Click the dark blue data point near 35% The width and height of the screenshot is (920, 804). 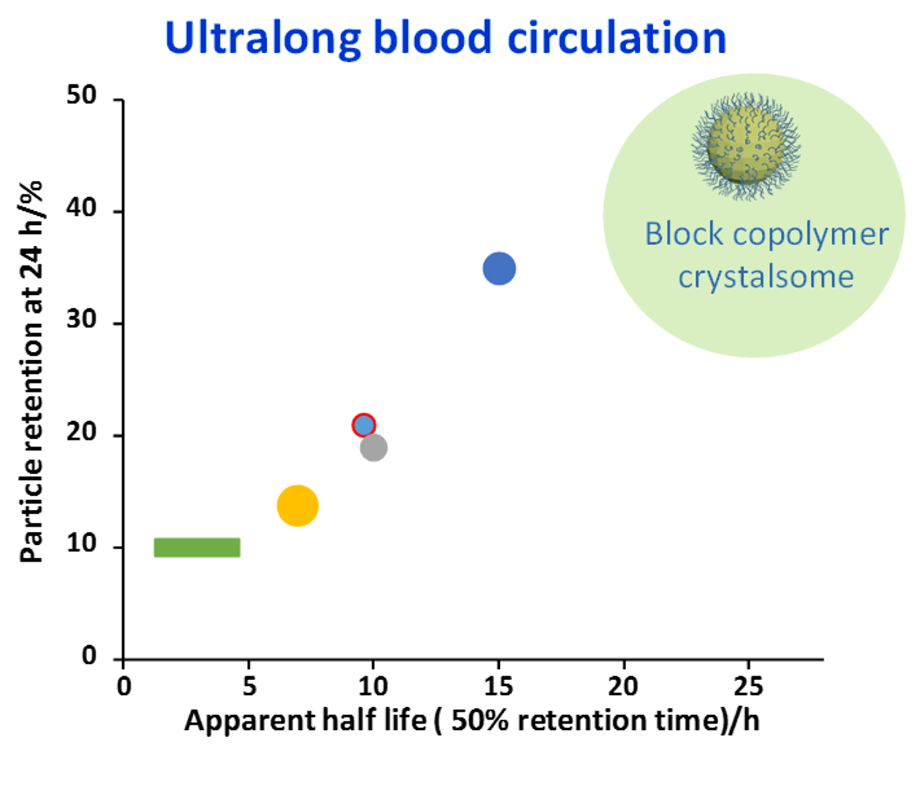click(x=499, y=268)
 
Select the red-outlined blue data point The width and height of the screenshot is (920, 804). click(x=364, y=425)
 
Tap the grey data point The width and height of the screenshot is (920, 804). click(x=374, y=447)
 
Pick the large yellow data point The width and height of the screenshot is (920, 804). click(x=297, y=506)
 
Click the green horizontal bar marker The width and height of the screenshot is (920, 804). click(x=197, y=547)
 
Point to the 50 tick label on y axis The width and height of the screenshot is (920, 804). click(x=82, y=96)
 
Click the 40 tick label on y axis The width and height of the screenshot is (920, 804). click(x=82, y=208)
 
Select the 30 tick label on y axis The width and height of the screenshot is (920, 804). click(x=82, y=320)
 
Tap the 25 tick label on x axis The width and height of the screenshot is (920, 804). click(x=748, y=686)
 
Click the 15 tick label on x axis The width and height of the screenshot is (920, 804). click(x=498, y=686)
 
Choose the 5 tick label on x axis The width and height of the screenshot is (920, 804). click(x=249, y=686)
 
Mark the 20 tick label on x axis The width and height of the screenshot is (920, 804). click(x=623, y=686)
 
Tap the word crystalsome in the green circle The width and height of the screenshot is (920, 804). click(x=765, y=277)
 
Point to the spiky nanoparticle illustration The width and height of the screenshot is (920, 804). click(x=746, y=146)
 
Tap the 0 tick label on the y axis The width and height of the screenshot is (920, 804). click(x=90, y=656)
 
